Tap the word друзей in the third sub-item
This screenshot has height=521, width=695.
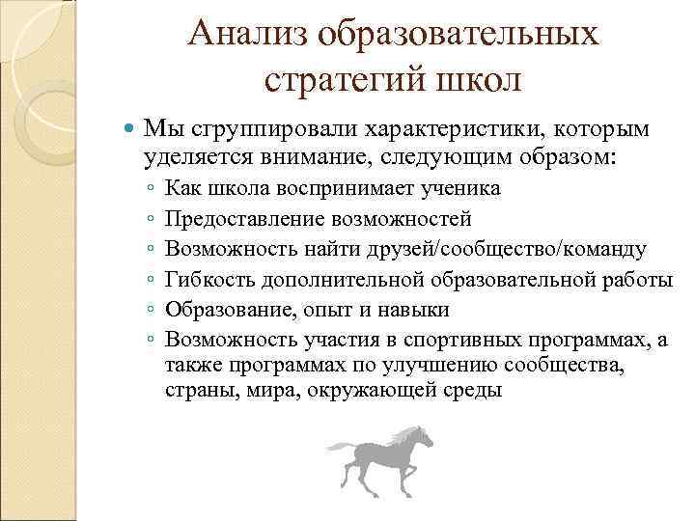click(397, 249)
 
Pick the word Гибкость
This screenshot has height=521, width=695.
click(207, 280)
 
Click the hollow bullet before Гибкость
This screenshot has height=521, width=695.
click(152, 281)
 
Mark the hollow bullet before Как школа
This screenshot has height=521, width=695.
click(152, 188)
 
